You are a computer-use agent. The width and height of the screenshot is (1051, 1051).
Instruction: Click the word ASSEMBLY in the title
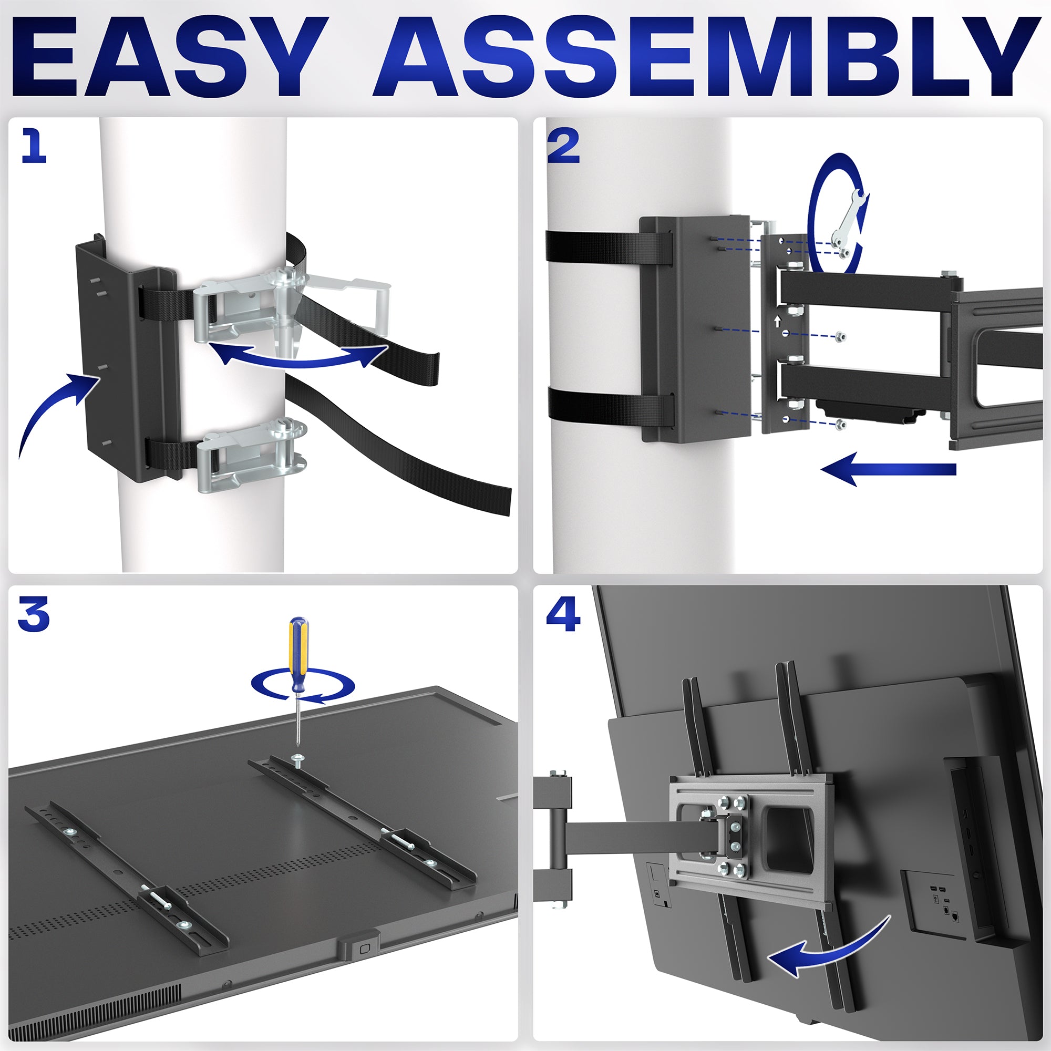702,57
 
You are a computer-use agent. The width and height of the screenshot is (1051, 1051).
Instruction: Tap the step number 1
34,145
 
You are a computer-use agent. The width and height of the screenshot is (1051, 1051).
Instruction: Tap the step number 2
563,147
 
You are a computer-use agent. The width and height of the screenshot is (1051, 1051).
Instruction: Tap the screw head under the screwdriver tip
297,757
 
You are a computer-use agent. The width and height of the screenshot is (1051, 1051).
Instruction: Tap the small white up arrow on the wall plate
777,321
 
